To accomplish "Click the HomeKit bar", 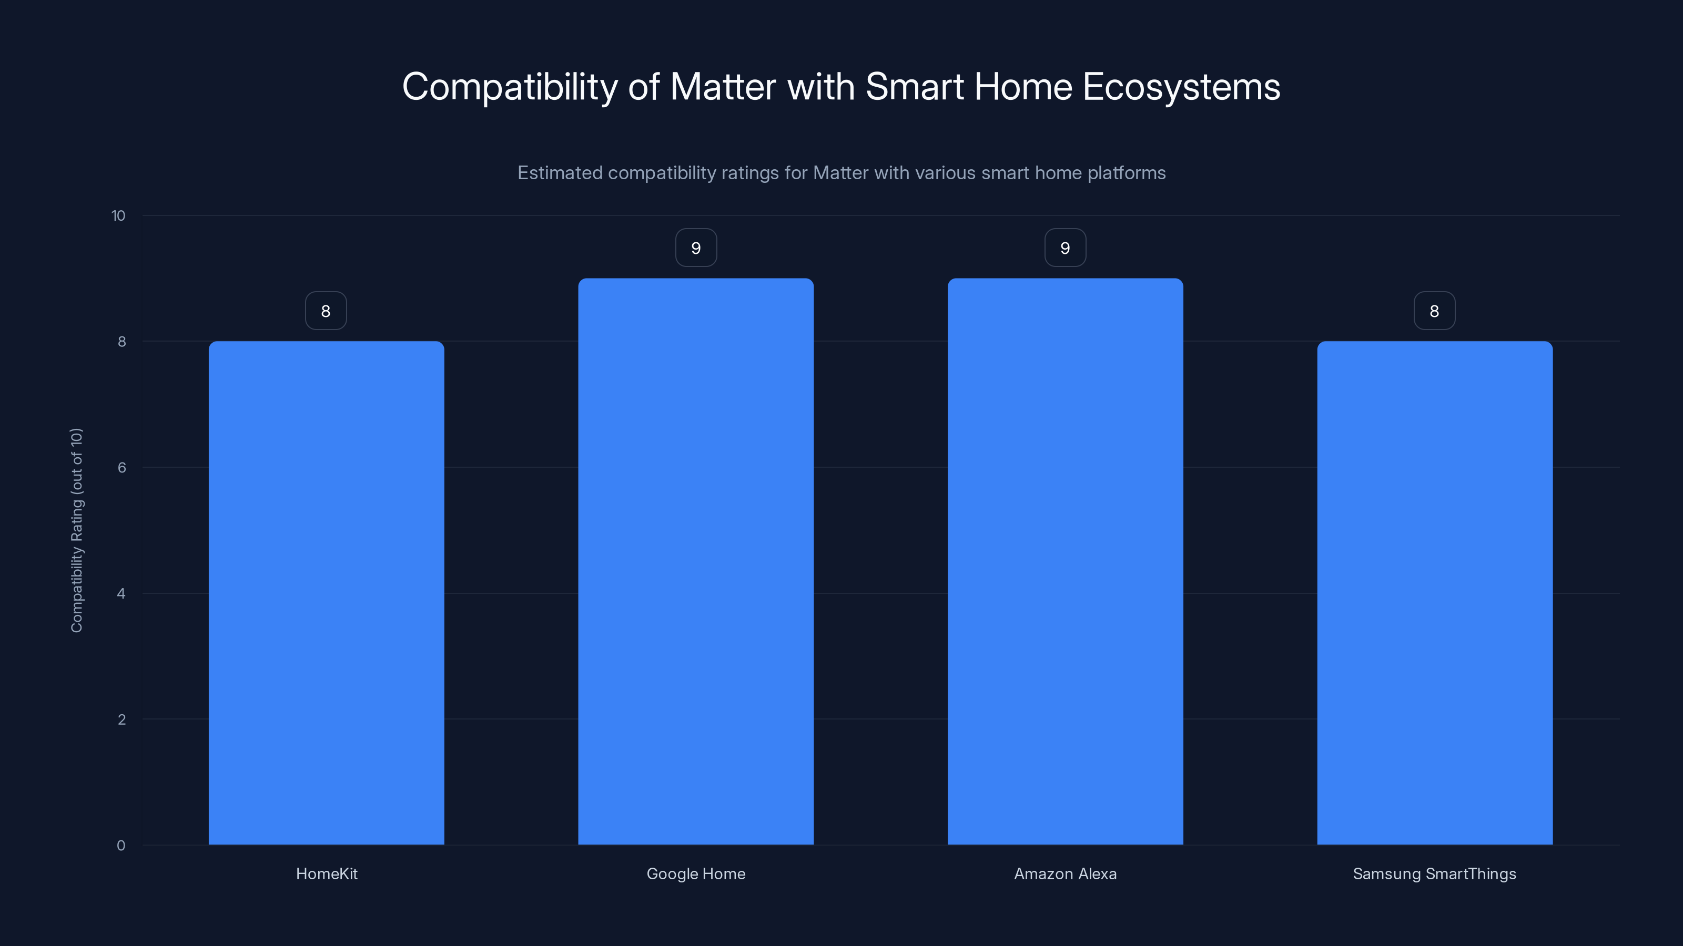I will coord(326,593).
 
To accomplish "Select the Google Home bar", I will coord(696,561).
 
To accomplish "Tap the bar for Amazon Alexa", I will coord(1065,561).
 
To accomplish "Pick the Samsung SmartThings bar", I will coord(1434,593).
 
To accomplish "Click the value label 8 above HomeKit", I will coord(326,311).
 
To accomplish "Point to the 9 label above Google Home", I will coord(696,248).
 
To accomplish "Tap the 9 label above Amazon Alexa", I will coord(1065,248).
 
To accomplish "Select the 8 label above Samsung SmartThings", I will coord(1434,311).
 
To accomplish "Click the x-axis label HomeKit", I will coord(327,873).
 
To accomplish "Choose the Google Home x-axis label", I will coord(696,873).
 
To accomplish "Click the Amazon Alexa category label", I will coord(1065,873).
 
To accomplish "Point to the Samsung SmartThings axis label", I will coord(1434,873).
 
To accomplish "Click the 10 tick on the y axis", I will coord(118,215).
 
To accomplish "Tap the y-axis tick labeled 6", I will coord(121,467).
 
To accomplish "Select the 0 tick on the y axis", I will coord(121,846).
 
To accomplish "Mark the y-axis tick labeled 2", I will coord(121,719).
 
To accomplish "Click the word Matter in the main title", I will coord(723,87).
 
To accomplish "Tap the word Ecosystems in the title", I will coord(1181,87).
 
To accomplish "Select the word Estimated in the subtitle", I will coord(559,173).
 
